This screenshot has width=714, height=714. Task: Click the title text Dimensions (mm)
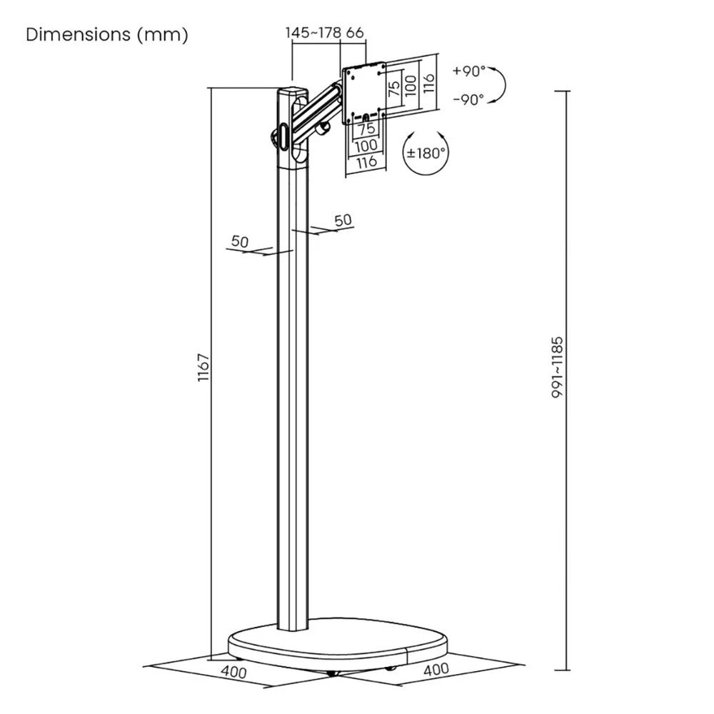click(107, 35)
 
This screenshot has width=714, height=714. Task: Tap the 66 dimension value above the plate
click(355, 33)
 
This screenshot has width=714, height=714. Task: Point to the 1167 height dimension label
click(202, 368)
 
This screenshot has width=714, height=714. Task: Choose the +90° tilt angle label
click(468, 71)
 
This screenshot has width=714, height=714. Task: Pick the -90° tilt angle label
click(468, 99)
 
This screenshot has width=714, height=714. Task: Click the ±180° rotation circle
click(426, 152)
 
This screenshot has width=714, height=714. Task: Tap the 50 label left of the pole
click(240, 242)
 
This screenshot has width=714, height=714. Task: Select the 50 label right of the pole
click(343, 220)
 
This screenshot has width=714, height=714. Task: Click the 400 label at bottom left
click(233, 673)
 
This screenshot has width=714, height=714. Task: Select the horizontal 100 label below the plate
click(366, 146)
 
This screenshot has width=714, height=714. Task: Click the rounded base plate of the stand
click(336, 646)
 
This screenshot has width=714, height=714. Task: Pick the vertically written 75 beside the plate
click(393, 89)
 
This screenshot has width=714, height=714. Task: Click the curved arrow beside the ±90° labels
click(499, 86)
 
